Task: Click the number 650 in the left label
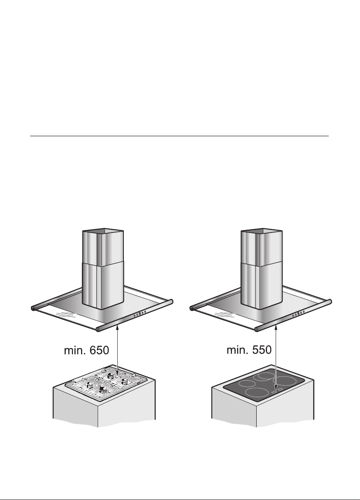(99, 350)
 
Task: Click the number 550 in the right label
(262, 350)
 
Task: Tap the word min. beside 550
(237, 350)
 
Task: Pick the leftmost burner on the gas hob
(90, 384)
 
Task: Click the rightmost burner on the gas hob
(124, 381)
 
